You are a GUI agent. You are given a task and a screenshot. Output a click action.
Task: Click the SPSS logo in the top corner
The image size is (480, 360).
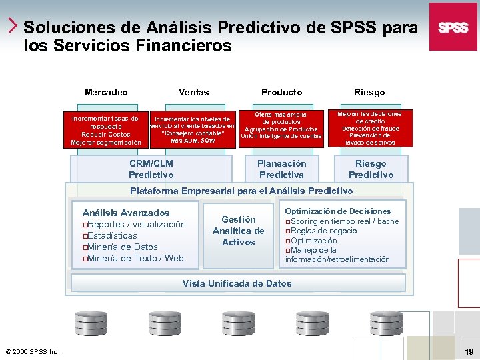click(x=453, y=27)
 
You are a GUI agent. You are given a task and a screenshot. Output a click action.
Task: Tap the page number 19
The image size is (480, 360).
click(x=468, y=351)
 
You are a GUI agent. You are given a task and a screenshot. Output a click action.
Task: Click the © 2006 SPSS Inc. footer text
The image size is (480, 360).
click(x=33, y=351)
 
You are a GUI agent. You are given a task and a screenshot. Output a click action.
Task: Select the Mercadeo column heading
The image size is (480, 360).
click(x=106, y=92)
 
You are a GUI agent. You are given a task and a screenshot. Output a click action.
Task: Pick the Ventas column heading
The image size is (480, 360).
click(x=193, y=92)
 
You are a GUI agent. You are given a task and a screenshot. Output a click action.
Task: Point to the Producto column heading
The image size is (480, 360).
click(x=281, y=92)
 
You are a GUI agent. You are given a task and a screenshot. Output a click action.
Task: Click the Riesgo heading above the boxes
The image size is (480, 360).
click(x=370, y=92)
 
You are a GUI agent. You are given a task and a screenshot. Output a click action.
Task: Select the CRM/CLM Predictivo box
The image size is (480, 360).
click(x=151, y=169)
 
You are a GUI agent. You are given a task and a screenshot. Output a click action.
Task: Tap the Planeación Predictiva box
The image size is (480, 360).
click(x=282, y=169)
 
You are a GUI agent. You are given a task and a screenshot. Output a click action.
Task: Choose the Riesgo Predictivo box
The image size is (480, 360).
click(x=371, y=169)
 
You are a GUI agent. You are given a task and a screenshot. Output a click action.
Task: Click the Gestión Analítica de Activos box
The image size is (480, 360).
click(x=238, y=231)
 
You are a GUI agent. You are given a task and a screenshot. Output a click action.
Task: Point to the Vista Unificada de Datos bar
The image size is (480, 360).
click(x=237, y=283)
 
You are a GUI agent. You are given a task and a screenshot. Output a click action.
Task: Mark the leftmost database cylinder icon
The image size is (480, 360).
click(x=89, y=323)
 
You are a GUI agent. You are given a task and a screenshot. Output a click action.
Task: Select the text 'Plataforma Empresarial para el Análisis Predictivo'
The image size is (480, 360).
click(x=241, y=191)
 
